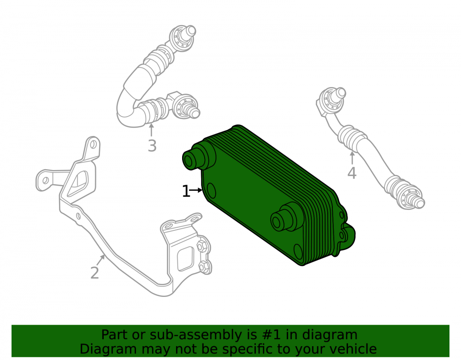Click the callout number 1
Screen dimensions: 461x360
click(186, 191)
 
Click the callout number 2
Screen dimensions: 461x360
click(95, 273)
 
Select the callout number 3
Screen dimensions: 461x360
click(152, 146)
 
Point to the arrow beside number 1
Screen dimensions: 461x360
click(196, 190)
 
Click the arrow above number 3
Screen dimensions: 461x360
click(151, 130)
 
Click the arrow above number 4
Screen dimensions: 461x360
click(352, 158)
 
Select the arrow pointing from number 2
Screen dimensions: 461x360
click(100, 260)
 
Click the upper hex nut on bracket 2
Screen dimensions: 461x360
click(202, 245)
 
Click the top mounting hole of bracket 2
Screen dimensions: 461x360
click(93, 145)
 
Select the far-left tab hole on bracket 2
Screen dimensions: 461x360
click(45, 180)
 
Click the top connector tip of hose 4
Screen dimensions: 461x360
click(341, 93)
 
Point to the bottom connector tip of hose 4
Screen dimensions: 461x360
click(420, 202)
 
